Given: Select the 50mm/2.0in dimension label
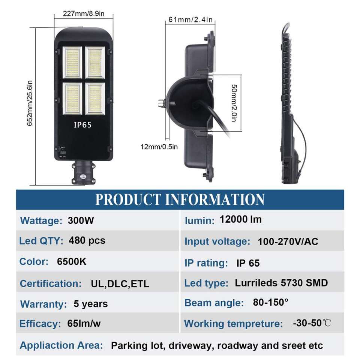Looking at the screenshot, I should point(234,102).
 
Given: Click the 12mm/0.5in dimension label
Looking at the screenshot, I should point(159,147).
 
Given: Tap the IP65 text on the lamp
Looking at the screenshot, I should point(83,125).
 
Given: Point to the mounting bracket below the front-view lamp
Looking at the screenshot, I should point(83,172).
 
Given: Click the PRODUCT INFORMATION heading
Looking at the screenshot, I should point(180,199).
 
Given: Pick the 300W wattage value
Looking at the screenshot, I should point(81,220).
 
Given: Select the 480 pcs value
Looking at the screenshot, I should point(87,240).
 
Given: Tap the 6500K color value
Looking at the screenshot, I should point(72,261).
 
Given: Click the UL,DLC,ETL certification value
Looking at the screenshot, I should point(120,284).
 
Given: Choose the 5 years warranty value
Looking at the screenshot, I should point(90,304).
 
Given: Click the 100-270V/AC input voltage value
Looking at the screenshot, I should point(288,241).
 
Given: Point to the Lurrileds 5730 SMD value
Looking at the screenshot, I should point(281,283).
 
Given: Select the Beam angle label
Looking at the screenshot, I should point(214,303).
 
